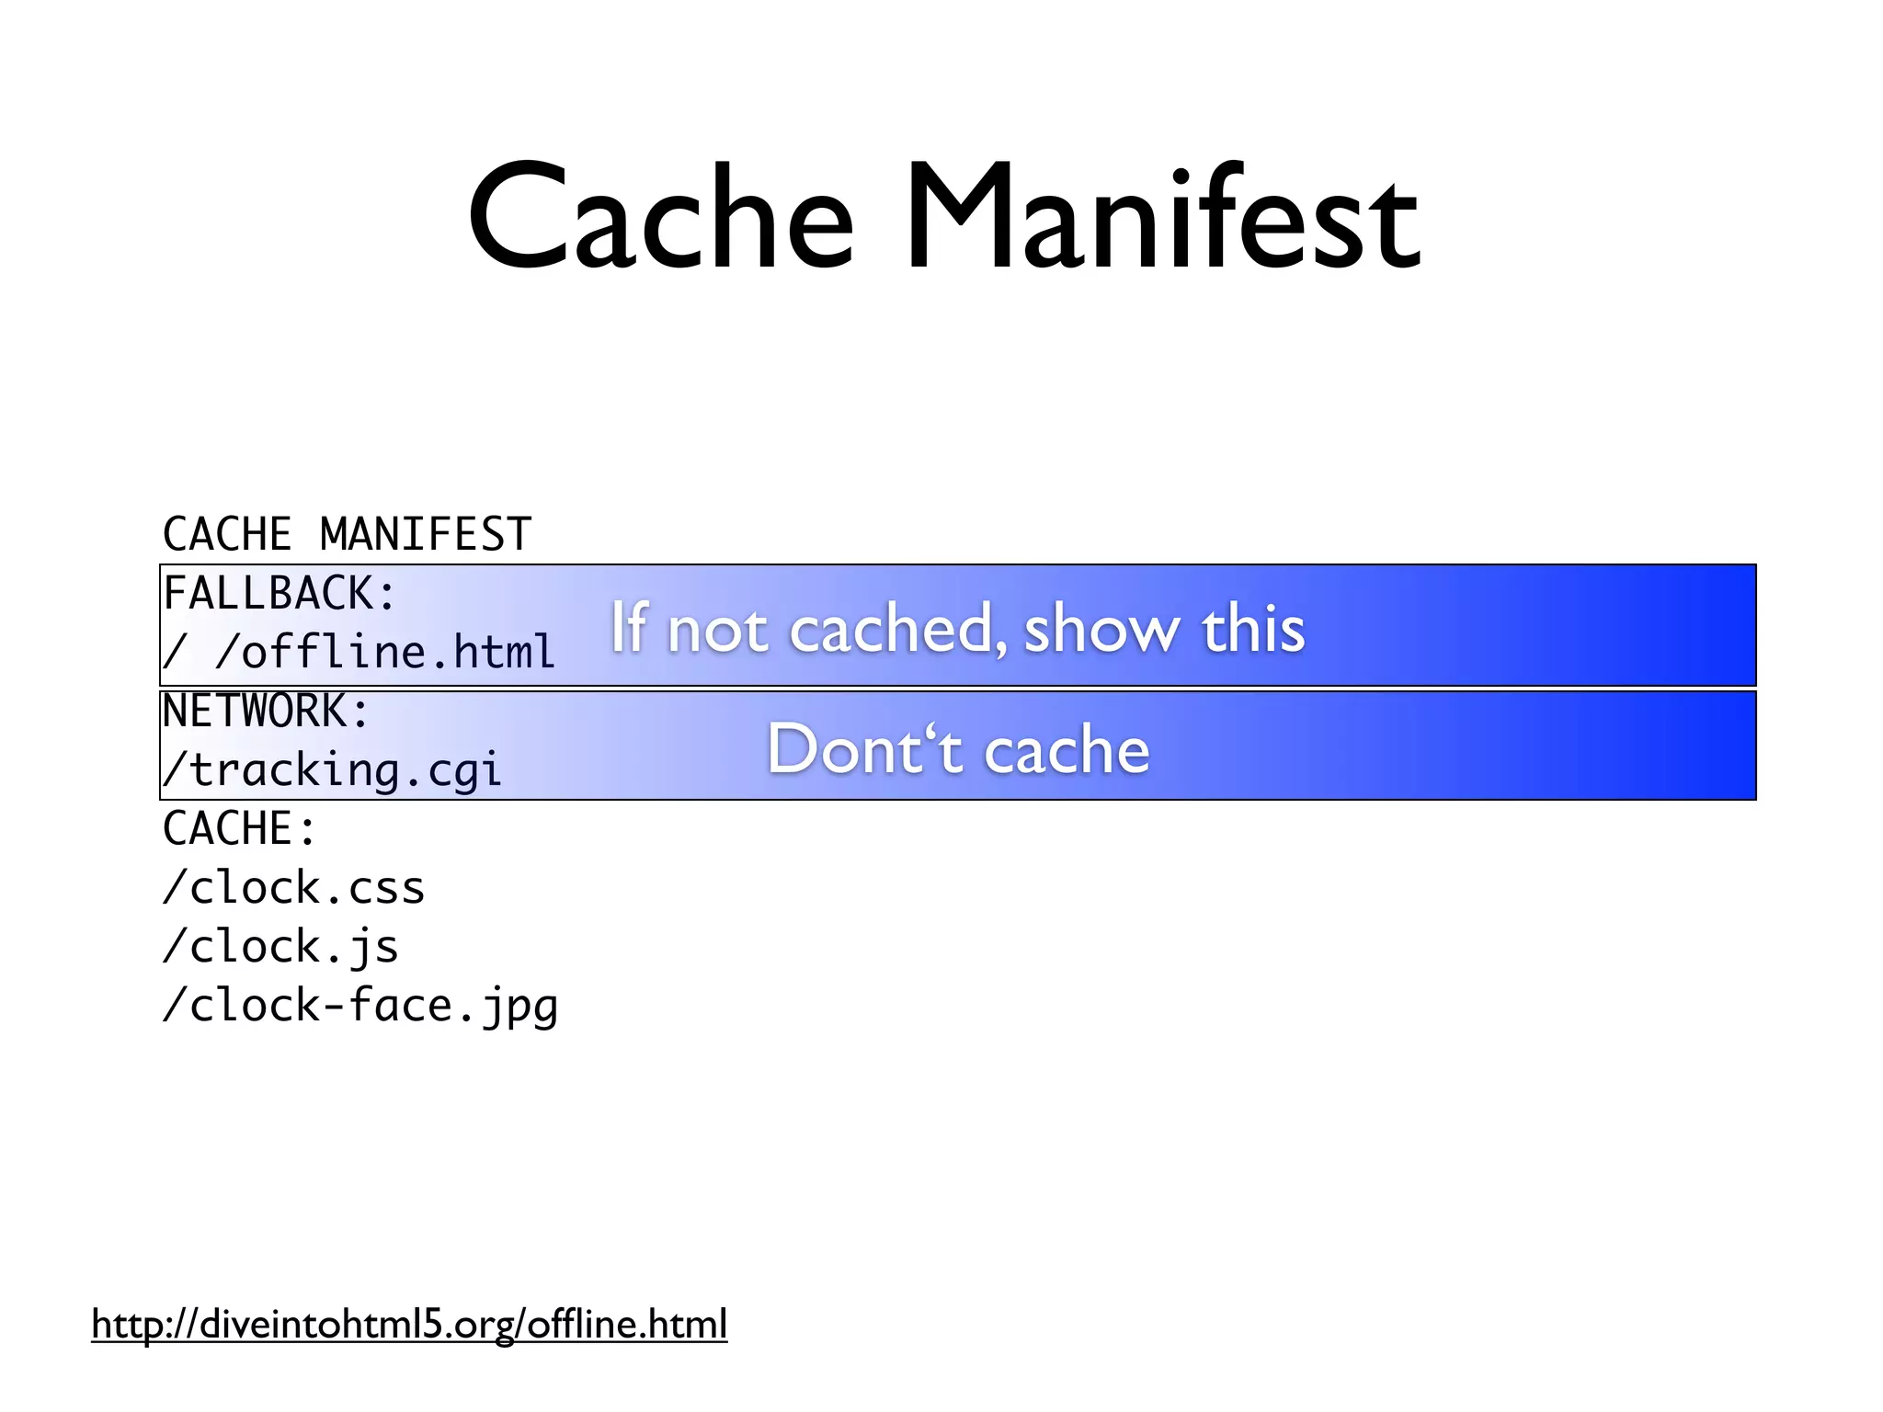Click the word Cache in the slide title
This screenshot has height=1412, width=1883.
click(x=660, y=219)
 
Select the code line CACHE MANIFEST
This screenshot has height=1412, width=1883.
click(x=347, y=535)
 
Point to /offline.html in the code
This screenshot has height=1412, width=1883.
click(x=385, y=653)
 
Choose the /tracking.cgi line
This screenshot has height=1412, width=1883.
click(x=332, y=770)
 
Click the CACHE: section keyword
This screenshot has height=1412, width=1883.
click(x=240, y=829)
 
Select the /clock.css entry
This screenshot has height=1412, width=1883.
click(x=293, y=888)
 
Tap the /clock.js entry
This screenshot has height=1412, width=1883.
click(x=280, y=947)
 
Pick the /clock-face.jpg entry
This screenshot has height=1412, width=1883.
click(x=359, y=1006)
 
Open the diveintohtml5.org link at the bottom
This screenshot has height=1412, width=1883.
click(x=409, y=1325)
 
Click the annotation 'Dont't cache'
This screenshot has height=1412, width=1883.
click(x=958, y=749)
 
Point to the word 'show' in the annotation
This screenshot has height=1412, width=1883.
click(x=1101, y=630)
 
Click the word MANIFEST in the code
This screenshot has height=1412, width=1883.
click(x=426, y=535)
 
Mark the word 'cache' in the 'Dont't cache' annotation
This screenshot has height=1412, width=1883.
click(x=1067, y=750)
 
